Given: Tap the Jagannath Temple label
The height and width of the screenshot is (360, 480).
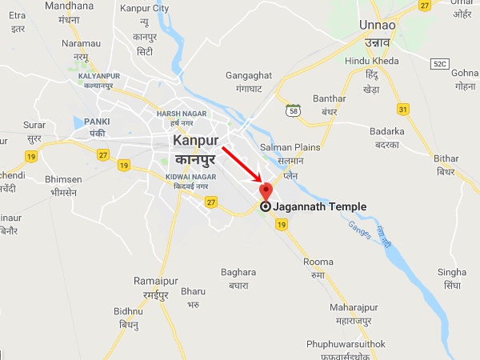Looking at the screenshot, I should (x=319, y=206).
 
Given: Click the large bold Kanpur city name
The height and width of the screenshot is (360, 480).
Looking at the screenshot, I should (x=195, y=141).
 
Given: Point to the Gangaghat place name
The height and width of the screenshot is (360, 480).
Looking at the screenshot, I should (x=249, y=76).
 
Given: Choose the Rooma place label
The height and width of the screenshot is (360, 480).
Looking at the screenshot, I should (x=318, y=262).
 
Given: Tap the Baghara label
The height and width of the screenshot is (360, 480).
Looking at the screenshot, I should (x=239, y=272).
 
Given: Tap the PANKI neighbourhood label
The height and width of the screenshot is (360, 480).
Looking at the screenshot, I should (x=97, y=121).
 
